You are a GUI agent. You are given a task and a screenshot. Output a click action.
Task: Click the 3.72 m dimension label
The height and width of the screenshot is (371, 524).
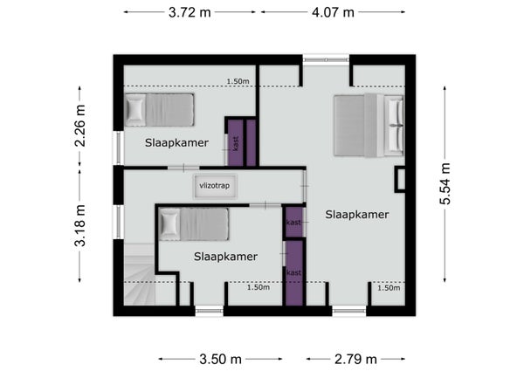pos(190,12)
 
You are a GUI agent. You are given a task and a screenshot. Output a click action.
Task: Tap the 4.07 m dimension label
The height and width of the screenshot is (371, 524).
pos(333,12)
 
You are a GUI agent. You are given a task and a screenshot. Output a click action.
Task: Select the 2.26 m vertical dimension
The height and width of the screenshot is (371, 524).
pos(79,126)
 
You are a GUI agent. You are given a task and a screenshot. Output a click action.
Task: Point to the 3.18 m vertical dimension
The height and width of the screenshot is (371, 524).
pos(79,225)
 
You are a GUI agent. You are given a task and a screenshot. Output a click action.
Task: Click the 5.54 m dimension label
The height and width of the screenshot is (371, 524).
pos(445,183)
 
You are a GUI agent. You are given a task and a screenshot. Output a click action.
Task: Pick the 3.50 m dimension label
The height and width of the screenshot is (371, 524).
pos(220,360)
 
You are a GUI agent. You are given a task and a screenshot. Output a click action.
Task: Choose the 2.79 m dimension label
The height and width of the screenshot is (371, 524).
pos(355,360)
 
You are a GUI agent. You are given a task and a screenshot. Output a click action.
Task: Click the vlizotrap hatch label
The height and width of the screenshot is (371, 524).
pos(215,186)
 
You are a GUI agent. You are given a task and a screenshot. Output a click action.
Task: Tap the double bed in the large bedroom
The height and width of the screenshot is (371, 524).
pos(369,125)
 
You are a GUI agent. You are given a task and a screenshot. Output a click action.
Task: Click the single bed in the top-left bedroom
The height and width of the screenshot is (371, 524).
pos(160,109)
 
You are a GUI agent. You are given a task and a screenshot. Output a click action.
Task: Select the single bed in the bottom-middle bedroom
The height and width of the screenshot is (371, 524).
pos(194,224)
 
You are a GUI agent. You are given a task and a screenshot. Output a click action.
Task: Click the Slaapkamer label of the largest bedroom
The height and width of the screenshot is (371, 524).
pos(357,215)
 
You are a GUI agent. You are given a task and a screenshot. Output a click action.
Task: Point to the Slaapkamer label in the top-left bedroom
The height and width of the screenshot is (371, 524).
pos(176,142)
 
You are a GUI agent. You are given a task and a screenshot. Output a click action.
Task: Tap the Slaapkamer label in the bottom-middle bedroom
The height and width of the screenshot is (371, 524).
pos(225,257)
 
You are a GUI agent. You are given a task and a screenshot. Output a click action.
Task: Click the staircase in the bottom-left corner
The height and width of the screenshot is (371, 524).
pos(140,274)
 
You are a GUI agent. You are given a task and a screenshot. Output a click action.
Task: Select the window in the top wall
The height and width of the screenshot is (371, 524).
pos(326,59)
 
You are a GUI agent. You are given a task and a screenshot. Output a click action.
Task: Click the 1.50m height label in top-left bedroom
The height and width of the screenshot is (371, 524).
pos(238,81)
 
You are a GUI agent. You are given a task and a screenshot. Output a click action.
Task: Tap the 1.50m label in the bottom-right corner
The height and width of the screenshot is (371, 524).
pos(389,287)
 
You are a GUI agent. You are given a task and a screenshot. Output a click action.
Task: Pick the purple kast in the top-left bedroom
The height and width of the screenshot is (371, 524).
pos(236,143)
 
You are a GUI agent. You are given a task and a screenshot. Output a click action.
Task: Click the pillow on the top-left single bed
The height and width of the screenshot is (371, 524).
pos(135,109)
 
